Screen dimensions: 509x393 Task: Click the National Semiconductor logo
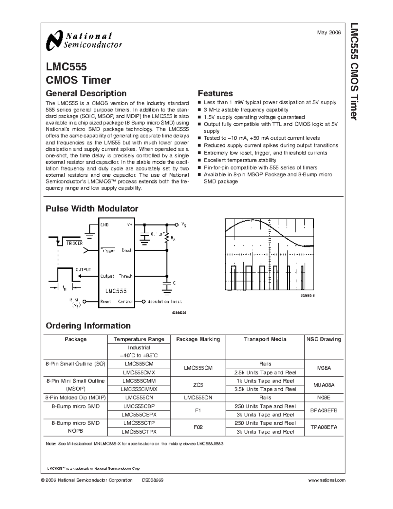pos(84,41)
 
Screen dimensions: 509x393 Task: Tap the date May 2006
pos(329,32)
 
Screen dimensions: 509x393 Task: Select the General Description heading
pos(86,93)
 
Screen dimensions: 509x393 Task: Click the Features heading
pos(215,93)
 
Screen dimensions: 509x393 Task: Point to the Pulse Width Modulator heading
pos(92,208)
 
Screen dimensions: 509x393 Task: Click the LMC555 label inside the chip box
pos(116,291)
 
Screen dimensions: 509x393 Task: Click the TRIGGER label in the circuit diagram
pos(74,243)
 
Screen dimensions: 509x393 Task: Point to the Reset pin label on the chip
pos(106,302)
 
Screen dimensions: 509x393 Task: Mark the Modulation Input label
pos(164,302)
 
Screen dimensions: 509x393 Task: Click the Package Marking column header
pos(198,339)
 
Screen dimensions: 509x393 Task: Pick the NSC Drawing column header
pos(324,339)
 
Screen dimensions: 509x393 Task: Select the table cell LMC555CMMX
pos(139,389)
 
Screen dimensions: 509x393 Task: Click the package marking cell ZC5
pos(198,385)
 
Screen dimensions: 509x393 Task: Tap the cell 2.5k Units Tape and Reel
pos(265,372)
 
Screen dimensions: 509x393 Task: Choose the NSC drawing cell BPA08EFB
pos(324,410)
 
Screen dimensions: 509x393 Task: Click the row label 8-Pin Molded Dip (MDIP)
pos(76,398)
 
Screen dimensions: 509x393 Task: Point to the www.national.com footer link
pos(327,480)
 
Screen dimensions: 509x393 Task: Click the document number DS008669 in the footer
pos(153,480)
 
